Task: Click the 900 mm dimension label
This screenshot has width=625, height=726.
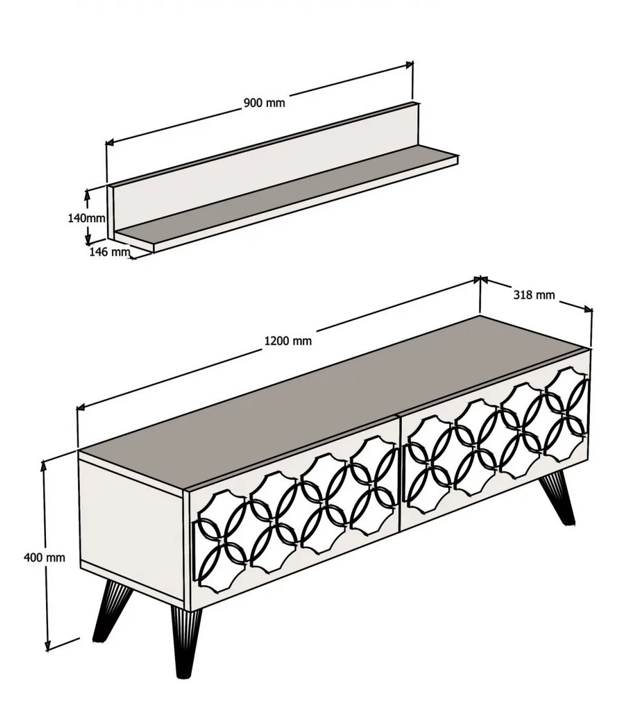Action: click(264, 103)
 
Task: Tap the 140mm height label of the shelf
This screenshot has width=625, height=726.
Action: click(87, 218)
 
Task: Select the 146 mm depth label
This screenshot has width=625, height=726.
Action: click(109, 252)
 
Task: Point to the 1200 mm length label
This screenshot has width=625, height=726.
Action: click(288, 341)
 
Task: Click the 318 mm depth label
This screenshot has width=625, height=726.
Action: click(534, 295)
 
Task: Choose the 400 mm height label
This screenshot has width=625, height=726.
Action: click(44, 557)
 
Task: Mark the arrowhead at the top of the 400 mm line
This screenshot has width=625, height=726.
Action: click(44, 465)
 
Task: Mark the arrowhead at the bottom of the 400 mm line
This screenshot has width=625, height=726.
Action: click(47, 646)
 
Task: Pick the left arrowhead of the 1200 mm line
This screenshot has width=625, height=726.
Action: click(81, 407)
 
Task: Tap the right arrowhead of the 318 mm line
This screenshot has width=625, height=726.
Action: click(588, 309)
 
